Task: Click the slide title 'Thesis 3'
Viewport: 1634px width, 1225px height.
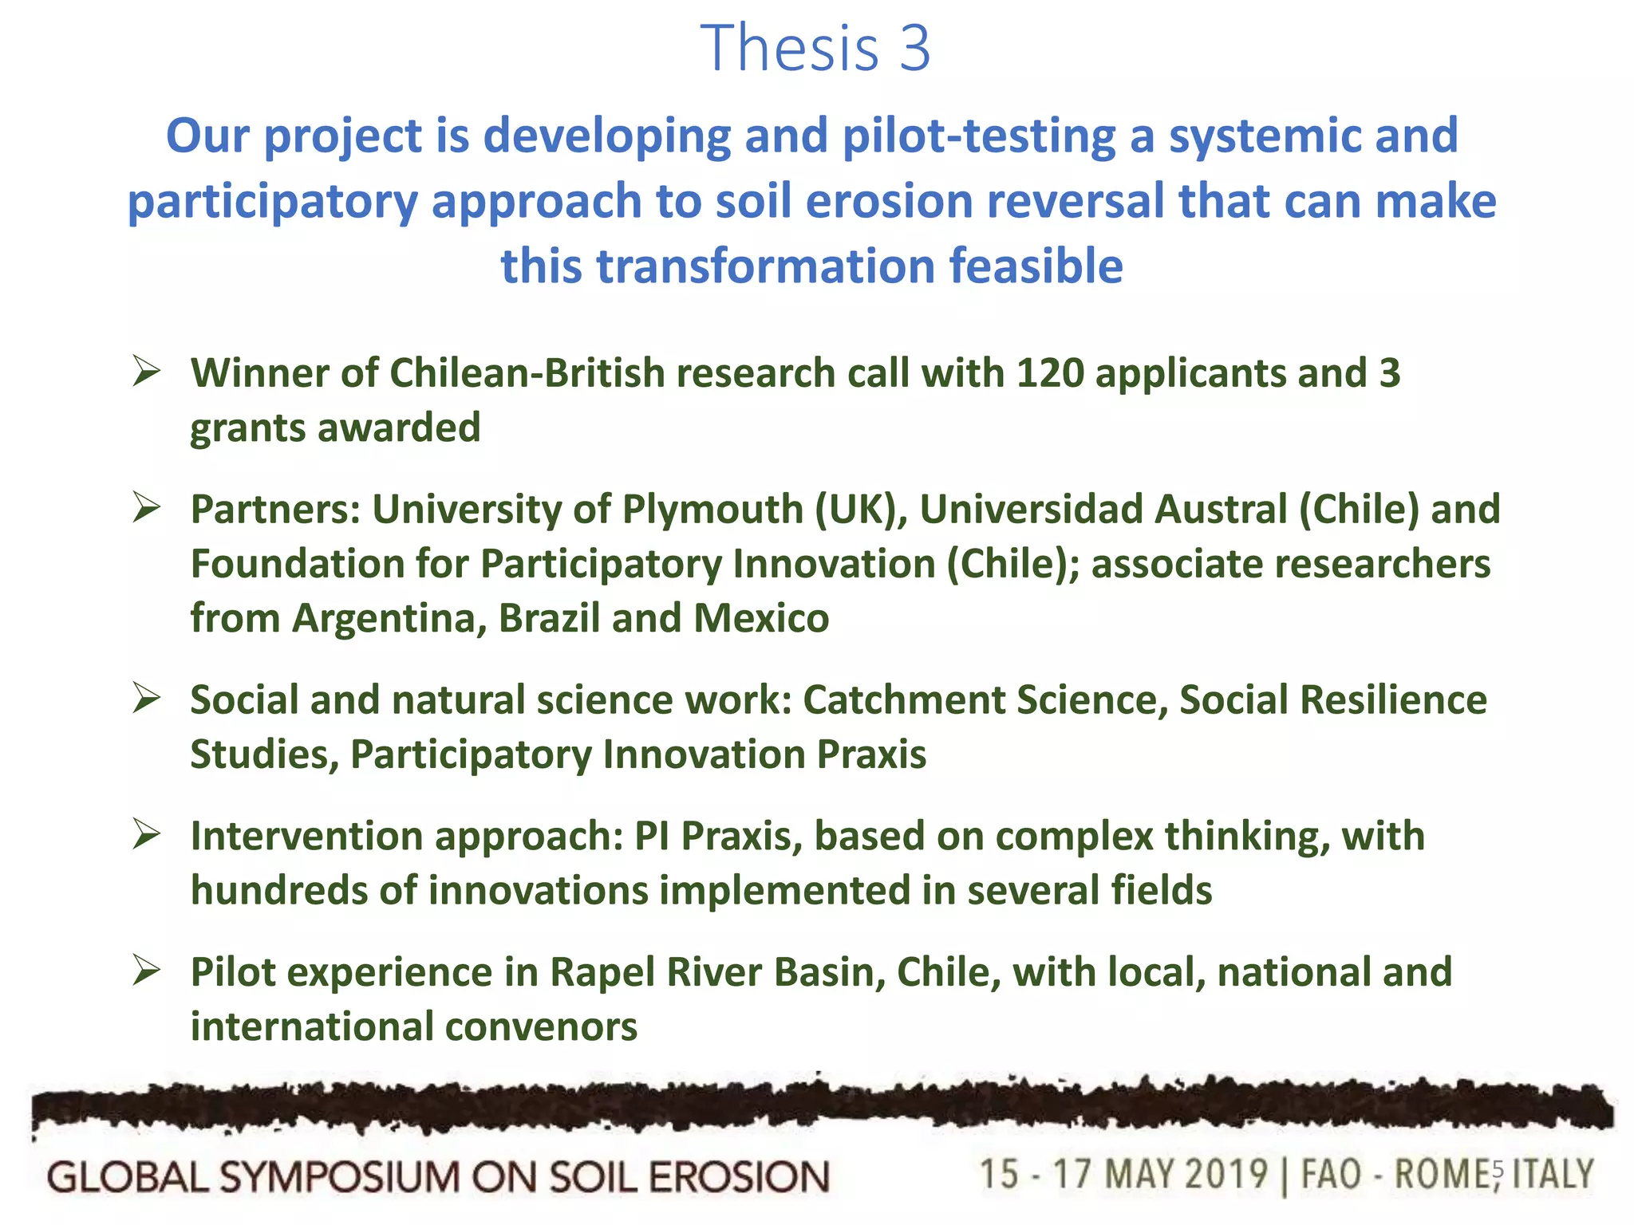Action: click(x=815, y=48)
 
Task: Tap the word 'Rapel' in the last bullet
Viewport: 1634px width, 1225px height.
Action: click(x=601, y=972)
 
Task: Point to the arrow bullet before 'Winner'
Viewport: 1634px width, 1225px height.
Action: click(x=148, y=371)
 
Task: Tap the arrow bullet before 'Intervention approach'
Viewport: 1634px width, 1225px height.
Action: click(x=148, y=834)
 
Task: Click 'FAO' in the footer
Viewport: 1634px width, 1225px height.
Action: click(x=1331, y=1175)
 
